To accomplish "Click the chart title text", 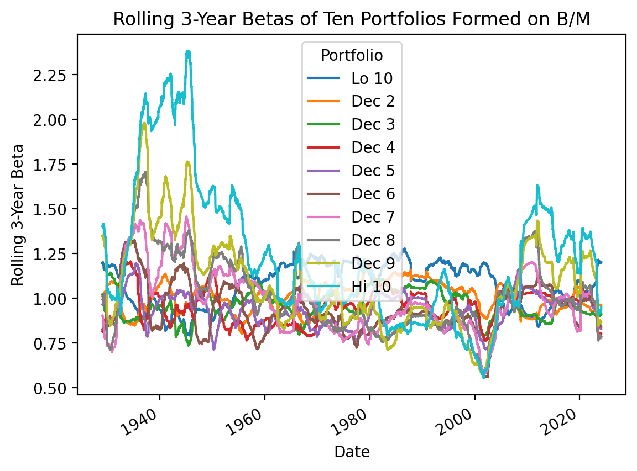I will coord(351,19).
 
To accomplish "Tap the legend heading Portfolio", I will coord(352,55).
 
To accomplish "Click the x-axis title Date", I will coord(352,452).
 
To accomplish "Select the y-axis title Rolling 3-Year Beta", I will coord(18,215).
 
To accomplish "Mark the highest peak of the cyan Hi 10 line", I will coord(188,51).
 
